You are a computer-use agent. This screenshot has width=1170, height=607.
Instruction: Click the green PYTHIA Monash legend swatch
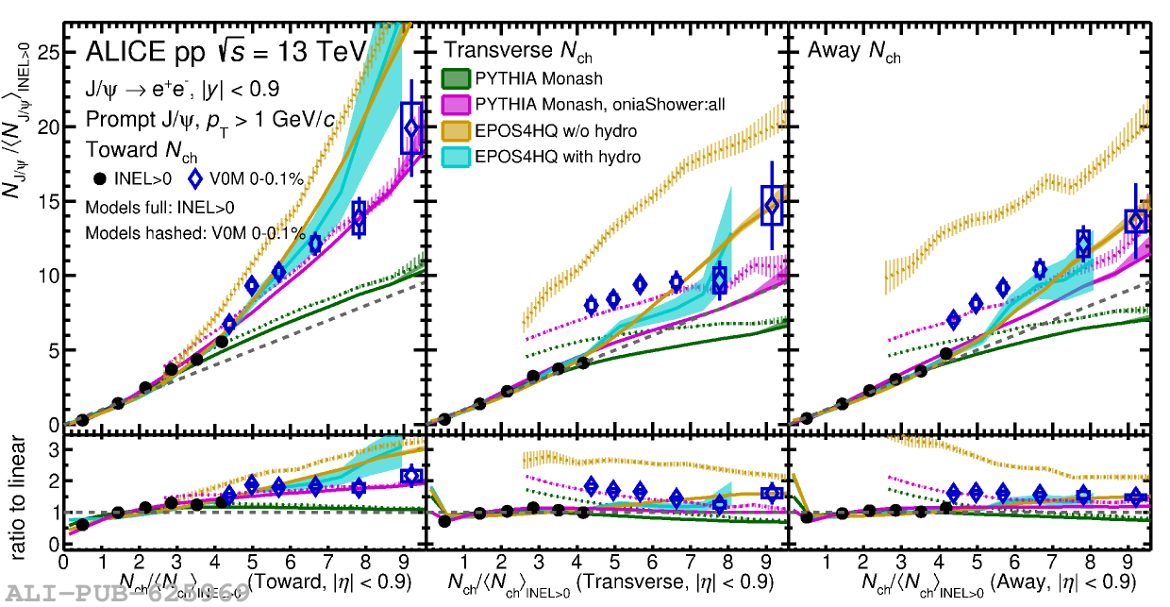457,78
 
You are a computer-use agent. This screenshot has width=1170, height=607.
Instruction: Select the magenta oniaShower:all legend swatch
457,104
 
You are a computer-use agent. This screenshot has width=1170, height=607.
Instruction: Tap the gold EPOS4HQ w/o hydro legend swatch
457,130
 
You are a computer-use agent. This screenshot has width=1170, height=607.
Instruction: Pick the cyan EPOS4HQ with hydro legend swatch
457,156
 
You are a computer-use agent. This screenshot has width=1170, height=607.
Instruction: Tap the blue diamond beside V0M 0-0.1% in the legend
196,178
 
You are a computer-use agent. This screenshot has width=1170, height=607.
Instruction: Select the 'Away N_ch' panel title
854,52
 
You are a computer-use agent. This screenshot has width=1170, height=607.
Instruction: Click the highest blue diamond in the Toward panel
410,128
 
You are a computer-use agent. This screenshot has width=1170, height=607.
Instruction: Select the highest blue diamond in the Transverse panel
773,205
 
